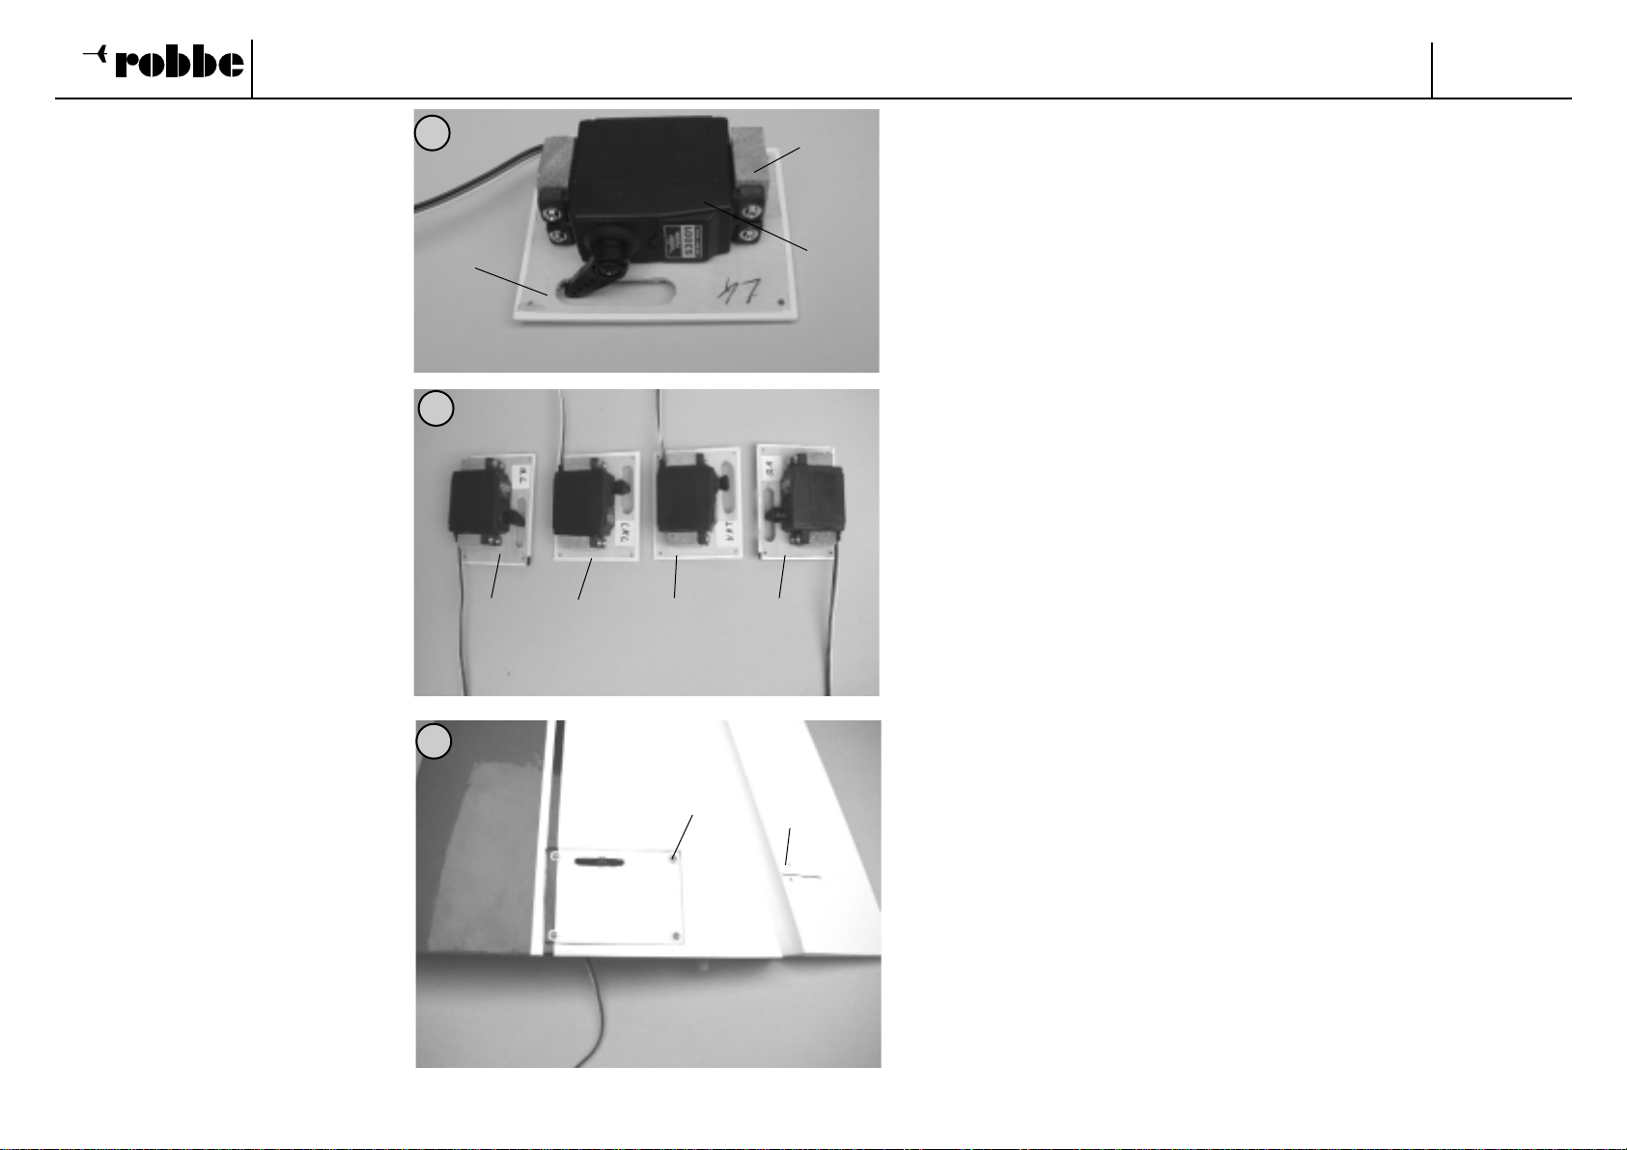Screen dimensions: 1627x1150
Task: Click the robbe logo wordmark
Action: coord(180,64)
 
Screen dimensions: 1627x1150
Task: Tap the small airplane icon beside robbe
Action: coord(95,57)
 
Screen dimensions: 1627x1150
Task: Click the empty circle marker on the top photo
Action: coord(433,133)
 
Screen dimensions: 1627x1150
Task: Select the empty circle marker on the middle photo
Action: coord(436,409)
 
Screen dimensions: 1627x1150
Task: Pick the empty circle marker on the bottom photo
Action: coord(435,742)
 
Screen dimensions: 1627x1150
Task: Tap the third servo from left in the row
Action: coord(685,496)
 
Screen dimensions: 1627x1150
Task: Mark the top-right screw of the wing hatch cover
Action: coord(674,855)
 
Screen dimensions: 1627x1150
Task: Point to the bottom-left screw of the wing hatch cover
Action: coord(554,935)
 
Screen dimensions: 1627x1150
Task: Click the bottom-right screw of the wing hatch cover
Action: coord(676,936)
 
